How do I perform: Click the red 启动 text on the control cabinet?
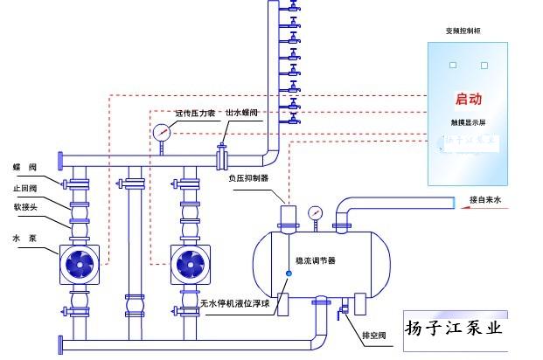point(469,100)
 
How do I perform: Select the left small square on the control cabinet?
point(453,65)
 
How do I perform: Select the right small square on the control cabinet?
point(484,65)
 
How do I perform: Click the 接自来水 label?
point(487,200)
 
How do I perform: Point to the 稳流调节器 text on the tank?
point(315,260)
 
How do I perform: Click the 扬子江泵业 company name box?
point(455,329)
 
